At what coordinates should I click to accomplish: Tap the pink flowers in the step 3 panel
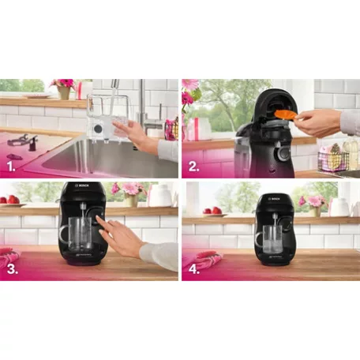126,189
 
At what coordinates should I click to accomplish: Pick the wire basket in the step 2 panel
332,158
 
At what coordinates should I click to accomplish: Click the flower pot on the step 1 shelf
64,92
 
